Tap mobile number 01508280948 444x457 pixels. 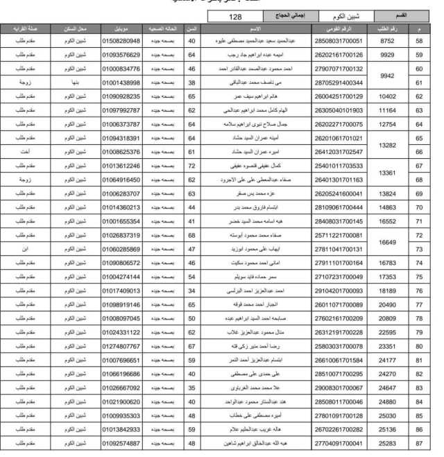(x=121, y=41)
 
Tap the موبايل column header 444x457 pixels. (x=121, y=28)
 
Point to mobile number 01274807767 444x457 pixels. (x=121, y=346)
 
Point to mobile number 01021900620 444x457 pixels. (x=121, y=402)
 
